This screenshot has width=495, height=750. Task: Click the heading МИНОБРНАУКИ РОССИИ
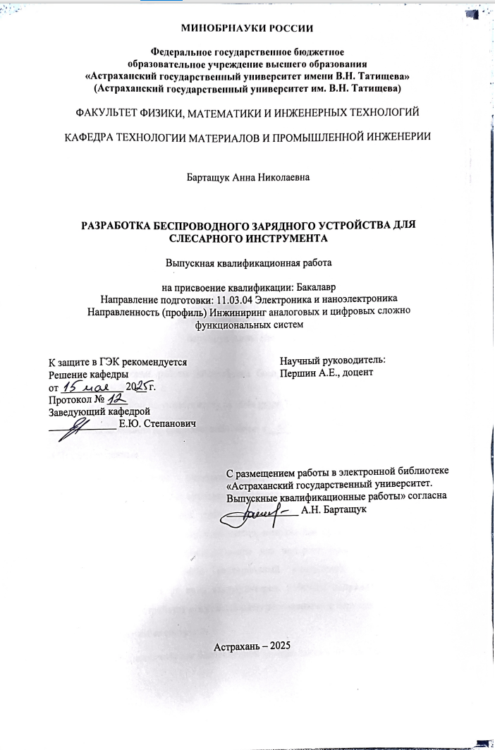[247, 29]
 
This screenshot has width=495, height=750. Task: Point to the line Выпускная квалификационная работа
[248, 263]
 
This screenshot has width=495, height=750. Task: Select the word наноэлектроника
[360, 299]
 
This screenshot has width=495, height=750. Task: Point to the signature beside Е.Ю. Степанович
[78, 426]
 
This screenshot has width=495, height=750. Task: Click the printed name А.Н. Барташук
[333, 509]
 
